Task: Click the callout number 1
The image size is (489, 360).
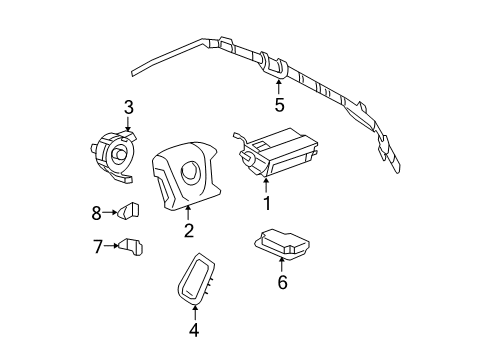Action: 267,204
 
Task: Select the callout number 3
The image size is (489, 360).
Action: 128,107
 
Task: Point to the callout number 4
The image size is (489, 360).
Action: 195,329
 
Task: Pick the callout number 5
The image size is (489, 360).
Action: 279,104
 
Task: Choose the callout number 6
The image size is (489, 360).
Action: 282,283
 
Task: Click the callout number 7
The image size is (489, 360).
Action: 98,246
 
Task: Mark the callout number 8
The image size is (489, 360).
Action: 98,212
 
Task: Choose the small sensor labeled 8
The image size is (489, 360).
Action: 130,211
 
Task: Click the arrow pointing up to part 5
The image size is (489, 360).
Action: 279,84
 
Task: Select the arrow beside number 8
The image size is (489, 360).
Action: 111,212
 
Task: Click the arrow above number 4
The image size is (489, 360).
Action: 195,310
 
